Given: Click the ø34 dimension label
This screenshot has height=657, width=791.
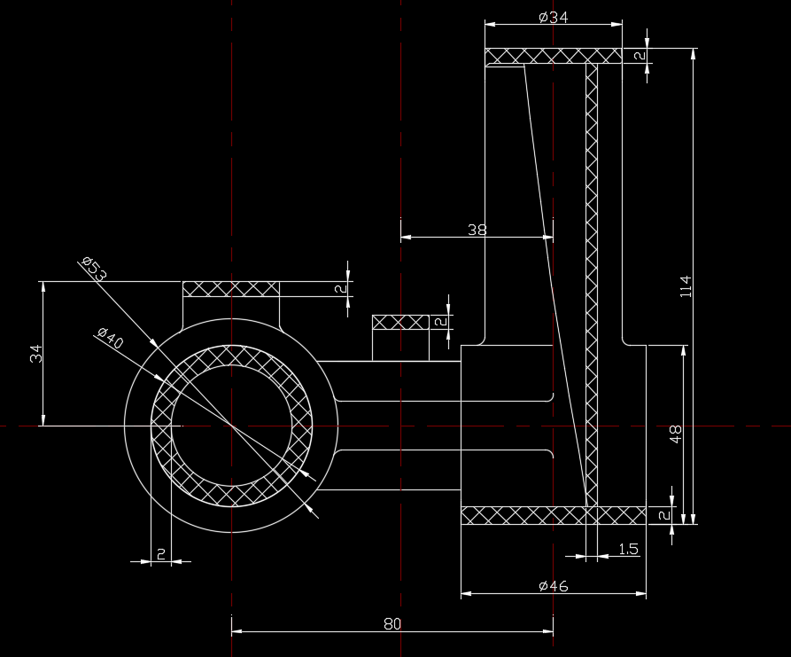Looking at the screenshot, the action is pos(554,18).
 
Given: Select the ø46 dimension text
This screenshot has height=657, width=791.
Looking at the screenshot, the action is pos(554,586).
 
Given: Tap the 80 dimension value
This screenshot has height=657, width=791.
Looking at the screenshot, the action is pos(392,624).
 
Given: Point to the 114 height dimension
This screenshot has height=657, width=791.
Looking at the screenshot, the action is pos(686,286).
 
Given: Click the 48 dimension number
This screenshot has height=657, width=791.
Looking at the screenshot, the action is pos(676,434).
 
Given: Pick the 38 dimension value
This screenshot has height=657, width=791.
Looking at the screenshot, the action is pos(477,230).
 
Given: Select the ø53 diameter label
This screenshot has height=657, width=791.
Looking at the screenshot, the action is pos(94,268).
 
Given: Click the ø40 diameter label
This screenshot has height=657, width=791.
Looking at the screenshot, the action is pos(111,338).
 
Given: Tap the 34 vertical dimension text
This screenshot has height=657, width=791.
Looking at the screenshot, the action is pos(36,354).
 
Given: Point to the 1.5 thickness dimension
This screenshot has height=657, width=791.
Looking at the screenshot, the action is pos(629,549).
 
